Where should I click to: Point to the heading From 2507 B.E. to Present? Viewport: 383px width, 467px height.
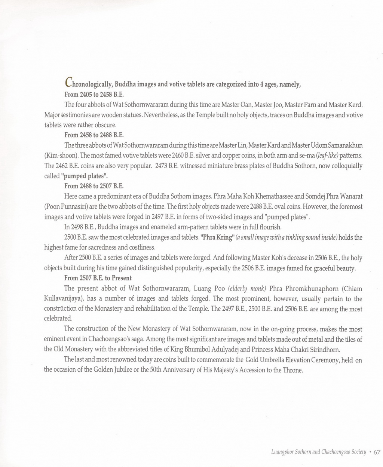click(98, 278)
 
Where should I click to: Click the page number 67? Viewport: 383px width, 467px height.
click(377, 452)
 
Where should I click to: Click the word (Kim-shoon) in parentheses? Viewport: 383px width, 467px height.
click(61, 155)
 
